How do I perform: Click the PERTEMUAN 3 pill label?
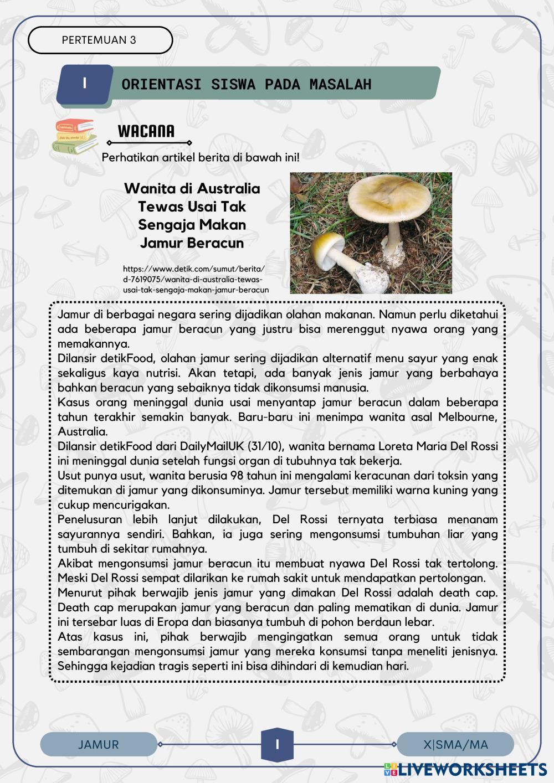[99, 40]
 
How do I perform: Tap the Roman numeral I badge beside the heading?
[85, 84]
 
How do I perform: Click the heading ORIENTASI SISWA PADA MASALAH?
[247, 84]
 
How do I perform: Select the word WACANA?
[146, 131]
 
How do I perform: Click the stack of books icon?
[75, 136]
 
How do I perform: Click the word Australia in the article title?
[228, 188]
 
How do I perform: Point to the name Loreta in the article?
[395, 446]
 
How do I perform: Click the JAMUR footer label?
[99, 744]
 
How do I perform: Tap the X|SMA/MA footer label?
[455, 744]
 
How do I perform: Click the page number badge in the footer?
[277, 744]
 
